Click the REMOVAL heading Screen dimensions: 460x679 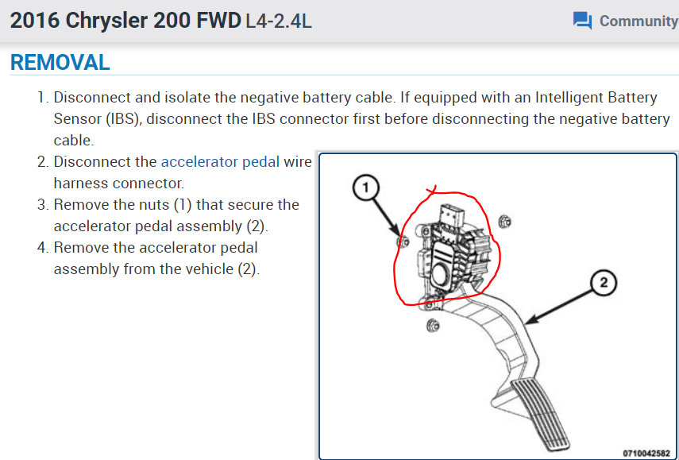click(x=60, y=62)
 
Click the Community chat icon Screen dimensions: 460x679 click(x=582, y=21)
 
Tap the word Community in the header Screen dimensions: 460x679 click(x=638, y=21)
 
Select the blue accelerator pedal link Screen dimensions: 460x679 click(x=220, y=162)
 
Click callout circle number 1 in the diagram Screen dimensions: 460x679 click(x=366, y=187)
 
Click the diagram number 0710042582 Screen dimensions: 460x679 click(x=645, y=452)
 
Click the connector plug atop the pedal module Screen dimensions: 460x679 click(x=449, y=215)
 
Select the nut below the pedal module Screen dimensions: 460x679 click(x=433, y=325)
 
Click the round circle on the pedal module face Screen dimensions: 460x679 click(x=440, y=274)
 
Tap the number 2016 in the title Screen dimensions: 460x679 click(x=34, y=21)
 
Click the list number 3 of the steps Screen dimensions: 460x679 click(x=42, y=204)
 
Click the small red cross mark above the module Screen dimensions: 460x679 click(x=432, y=191)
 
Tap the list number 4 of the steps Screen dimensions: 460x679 click(x=42, y=247)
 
